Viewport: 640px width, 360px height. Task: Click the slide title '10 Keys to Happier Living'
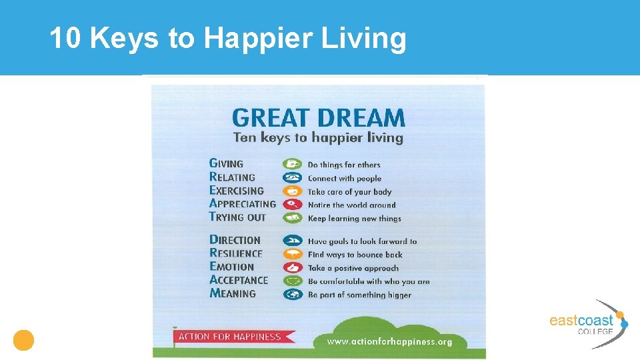coord(227,39)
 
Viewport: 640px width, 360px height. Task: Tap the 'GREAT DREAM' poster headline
coord(318,119)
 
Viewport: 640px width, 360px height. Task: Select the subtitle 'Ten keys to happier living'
coord(318,138)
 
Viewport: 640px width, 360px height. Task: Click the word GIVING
coord(227,163)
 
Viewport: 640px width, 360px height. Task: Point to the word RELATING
coord(232,177)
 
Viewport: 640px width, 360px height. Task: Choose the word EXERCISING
coord(237,191)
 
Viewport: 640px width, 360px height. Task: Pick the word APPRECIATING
coord(242,204)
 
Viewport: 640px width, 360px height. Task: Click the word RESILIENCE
coord(236,253)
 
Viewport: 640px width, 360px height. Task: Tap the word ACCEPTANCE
coord(239,280)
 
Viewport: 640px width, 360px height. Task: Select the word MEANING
coord(233,293)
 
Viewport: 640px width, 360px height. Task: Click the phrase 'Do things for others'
coord(344,165)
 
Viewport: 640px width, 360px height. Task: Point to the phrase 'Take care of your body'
coord(349,191)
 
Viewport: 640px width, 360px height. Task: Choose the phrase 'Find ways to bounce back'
coord(355,255)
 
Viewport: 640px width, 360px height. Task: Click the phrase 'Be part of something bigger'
coord(359,295)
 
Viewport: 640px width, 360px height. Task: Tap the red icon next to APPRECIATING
coord(293,204)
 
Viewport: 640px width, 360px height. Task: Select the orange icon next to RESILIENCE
coord(293,254)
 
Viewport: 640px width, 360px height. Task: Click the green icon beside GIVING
coord(293,164)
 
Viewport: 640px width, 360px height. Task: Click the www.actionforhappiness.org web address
coord(389,341)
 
